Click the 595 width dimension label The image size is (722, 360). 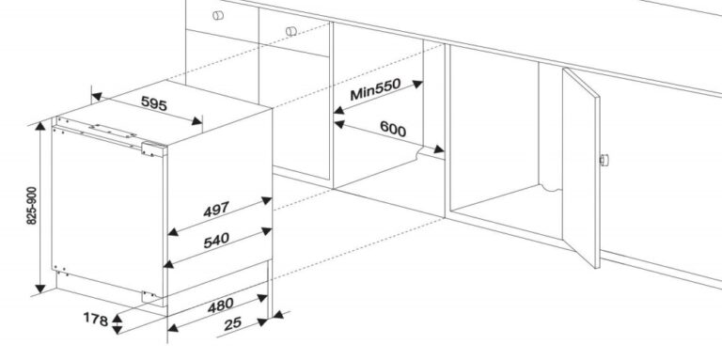point(154,103)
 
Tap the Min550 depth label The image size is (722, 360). point(375,89)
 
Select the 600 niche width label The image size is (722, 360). point(393,129)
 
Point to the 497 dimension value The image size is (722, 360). point(216,209)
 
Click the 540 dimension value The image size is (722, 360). point(216,240)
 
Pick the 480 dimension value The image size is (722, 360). point(220,305)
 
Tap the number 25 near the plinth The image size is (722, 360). point(232,324)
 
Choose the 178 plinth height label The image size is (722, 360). point(95,319)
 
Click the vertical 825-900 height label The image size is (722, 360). point(31,205)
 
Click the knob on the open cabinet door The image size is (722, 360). point(604,160)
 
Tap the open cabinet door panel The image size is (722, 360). point(581,167)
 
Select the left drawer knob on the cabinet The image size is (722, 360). point(218,15)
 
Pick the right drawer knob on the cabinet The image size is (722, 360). point(291,31)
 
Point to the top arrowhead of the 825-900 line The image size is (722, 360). point(40,125)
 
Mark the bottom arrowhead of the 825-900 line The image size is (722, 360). point(40,289)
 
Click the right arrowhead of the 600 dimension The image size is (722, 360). point(439,149)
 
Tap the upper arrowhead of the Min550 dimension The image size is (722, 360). point(417,84)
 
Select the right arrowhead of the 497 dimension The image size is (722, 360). point(267,200)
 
